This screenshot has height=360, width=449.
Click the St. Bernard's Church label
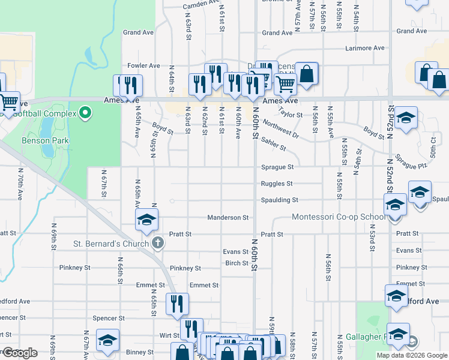click(x=111, y=244)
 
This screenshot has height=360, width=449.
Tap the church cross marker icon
click(x=158, y=243)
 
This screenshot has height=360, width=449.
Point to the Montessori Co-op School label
click(x=340, y=217)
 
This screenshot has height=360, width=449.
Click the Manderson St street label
click(x=228, y=217)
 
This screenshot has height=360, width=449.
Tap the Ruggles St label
click(x=277, y=184)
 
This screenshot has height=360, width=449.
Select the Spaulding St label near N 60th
click(x=279, y=200)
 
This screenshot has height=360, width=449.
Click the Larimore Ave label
click(x=364, y=48)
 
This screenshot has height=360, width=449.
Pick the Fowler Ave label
click(x=143, y=65)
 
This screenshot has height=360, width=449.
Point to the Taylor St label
click(x=291, y=114)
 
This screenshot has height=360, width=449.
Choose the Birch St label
click(x=237, y=263)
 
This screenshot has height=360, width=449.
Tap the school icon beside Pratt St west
click(x=146, y=220)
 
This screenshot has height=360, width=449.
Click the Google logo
click(x=20, y=353)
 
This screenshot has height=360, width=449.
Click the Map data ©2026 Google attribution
click(x=411, y=355)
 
